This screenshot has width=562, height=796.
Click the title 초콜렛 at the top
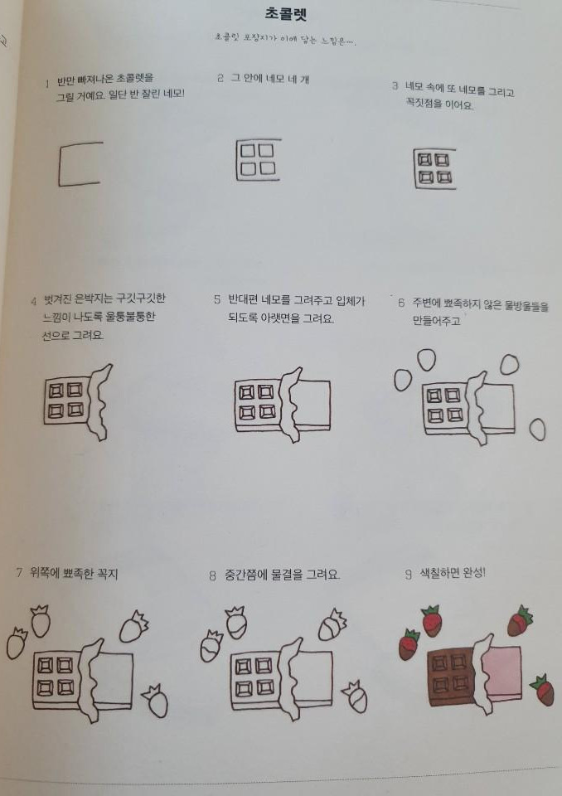pos(284,14)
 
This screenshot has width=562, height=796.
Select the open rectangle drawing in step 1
pos(80,163)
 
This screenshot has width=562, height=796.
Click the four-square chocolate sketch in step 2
pos(257,159)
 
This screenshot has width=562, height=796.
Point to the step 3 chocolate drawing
pos(434,167)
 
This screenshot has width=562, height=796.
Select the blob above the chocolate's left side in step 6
pos(426,359)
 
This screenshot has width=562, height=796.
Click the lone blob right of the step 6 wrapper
pos(537,429)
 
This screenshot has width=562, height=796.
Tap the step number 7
pos(19,573)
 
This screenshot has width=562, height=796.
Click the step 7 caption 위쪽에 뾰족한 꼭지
pos(74,573)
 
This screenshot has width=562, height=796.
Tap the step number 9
pos(408,573)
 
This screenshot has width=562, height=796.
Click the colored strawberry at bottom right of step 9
pos(543,689)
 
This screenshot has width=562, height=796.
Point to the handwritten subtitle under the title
pos(285,40)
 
